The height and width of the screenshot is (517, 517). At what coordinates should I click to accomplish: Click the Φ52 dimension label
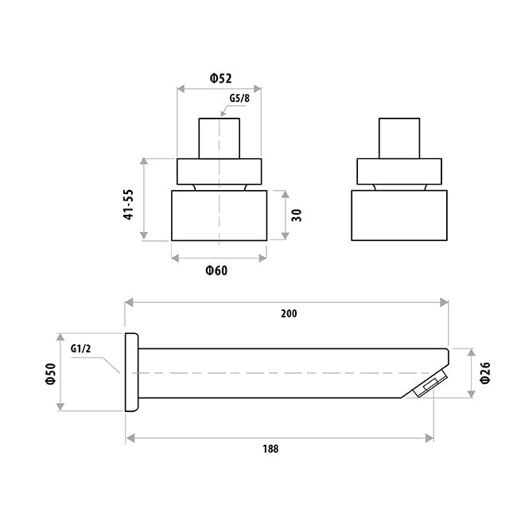pyautogui.click(x=220, y=77)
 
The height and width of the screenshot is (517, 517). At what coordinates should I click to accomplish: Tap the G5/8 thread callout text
pyautogui.click(x=239, y=99)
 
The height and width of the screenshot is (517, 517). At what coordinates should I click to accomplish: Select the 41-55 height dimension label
pyautogui.click(x=127, y=205)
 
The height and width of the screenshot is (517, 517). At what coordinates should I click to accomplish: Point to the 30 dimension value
pyautogui.click(x=297, y=215)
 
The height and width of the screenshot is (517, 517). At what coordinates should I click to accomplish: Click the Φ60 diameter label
pyautogui.click(x=216, y=270)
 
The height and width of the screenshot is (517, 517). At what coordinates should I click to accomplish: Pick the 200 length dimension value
pyautogui.click(x=288, y=313)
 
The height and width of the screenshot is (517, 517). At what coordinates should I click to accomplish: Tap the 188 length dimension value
pyautogui.click(x=270, y=448)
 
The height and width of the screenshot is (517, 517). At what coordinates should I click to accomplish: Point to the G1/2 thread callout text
pyautogui.click(x=82, y=348)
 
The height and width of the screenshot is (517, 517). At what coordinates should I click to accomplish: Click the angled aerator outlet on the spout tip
pyautogui.click(x=429, y=387)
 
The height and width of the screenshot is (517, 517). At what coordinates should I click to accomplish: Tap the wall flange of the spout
pyautogui.click(x=132, y=371)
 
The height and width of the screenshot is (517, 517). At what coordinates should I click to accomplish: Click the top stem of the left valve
pyautogui.click(x=219, y=138)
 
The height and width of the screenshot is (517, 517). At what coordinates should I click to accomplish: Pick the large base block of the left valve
pyautogui.click(x=219, y=215)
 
